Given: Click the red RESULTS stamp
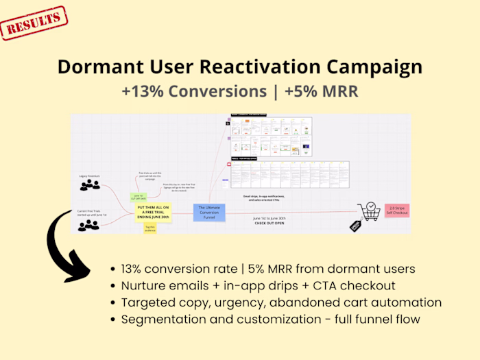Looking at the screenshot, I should point(34,23).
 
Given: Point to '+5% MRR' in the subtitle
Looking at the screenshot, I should point(323,91).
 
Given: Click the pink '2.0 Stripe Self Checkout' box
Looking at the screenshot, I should point(395,210).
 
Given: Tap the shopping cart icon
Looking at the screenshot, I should point(368,211).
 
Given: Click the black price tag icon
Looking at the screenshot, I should point(355,226).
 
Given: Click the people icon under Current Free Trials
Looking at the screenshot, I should point(88,225).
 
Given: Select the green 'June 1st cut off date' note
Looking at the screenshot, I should point(138,196).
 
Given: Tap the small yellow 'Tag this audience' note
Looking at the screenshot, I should point(149,228).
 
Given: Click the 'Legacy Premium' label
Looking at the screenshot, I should point(89,176).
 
